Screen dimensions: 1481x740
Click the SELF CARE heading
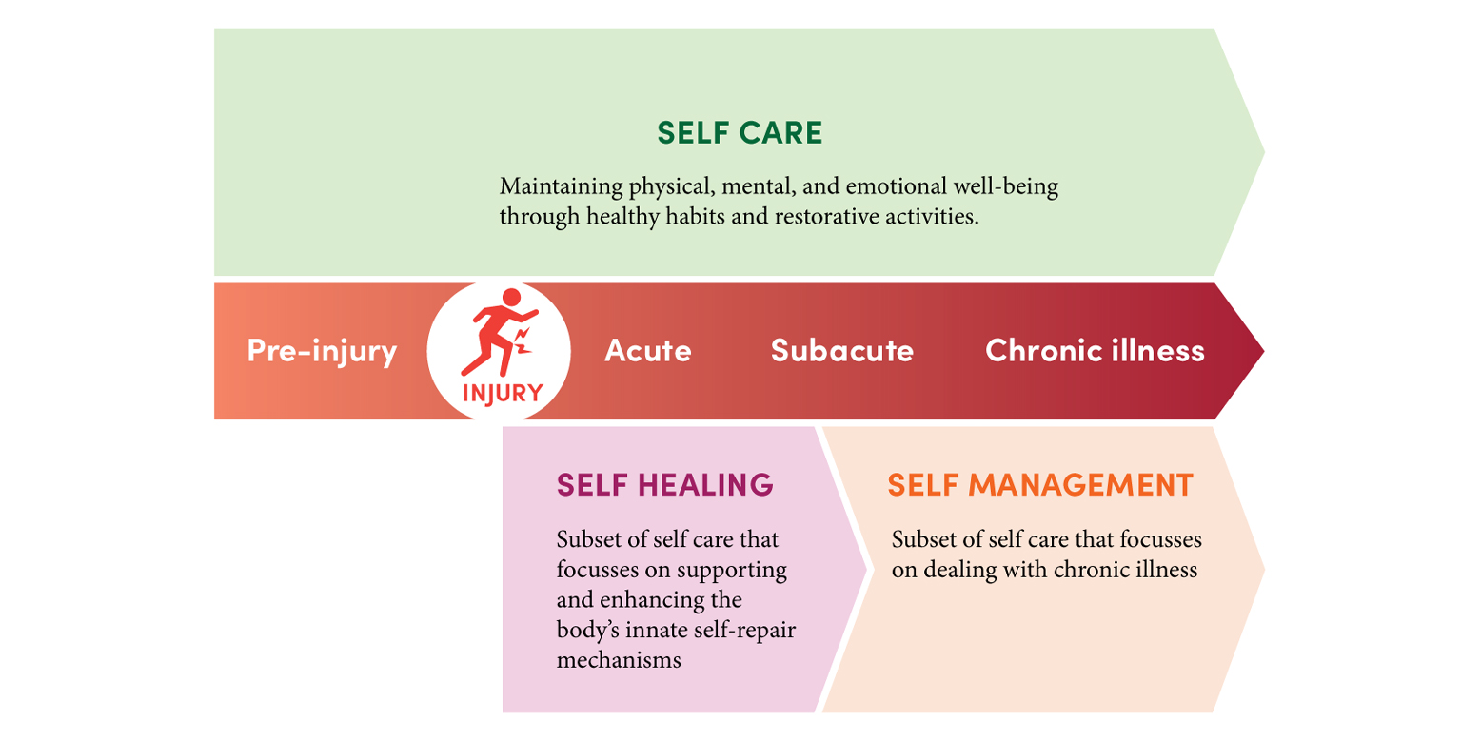coord(740,133)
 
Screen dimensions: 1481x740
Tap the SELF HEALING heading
coord(665,485)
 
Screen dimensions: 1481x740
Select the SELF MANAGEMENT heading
coord(1040,485)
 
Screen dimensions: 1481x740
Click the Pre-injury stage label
coord(322,352)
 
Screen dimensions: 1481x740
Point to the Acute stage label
coord(648,350)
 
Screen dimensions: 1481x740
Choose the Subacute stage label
coord(842,350)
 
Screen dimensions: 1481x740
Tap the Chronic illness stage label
coord(1095,350)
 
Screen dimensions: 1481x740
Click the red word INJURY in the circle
coord(503,393)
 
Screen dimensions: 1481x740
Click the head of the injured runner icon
coord(511,298)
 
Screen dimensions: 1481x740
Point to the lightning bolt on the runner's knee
coord(523,341)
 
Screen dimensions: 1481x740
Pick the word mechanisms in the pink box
coord(619,660)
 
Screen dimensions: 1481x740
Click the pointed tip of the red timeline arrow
coord(1263,351)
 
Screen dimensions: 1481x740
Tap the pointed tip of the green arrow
coord(1264,152)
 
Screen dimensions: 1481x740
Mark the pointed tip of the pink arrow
coord(865,569)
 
